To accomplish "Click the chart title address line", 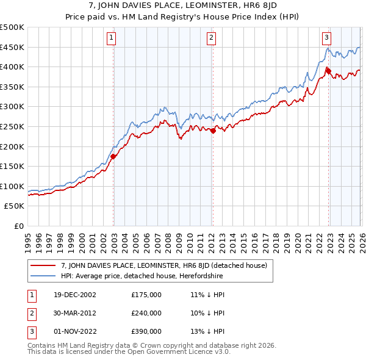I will click(182, 7).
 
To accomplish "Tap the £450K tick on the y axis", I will click(12, 47).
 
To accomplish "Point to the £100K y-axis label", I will click(12, 186).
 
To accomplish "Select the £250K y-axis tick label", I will click(12, 126).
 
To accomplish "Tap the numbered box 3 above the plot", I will click(326, 37).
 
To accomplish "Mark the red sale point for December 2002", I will click(113, 156).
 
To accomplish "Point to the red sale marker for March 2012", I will click(213, 131).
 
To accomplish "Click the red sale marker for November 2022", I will click(328, 71).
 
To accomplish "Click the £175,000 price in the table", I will click(146, 295).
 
